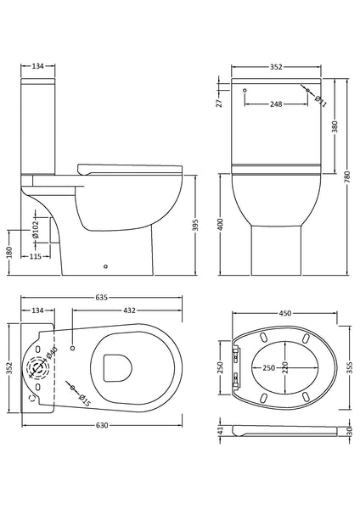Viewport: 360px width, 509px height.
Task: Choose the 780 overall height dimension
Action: point(349,175)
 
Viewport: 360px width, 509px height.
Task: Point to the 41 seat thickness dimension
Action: point(220,431)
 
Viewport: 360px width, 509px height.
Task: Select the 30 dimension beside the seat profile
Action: point(349,430)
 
